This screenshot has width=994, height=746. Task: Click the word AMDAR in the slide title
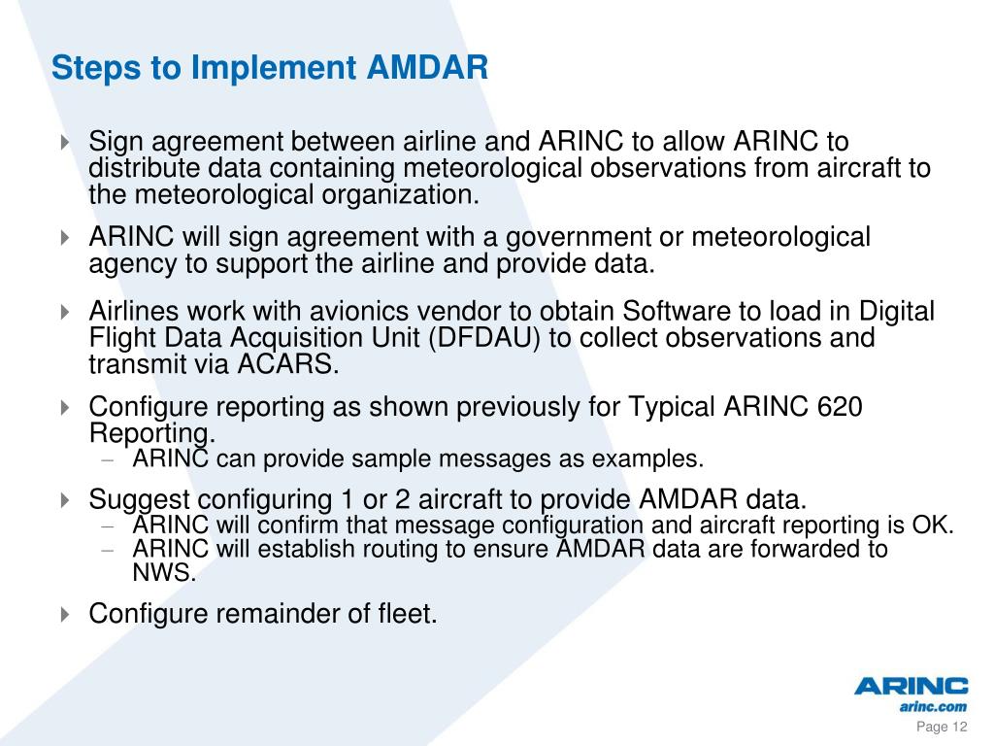coord(428,68)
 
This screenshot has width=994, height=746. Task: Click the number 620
coord(838,407)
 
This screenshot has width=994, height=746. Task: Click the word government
coord(645,237)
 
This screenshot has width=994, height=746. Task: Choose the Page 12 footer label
coord(943,729)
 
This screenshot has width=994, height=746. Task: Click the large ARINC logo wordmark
coord(911,687)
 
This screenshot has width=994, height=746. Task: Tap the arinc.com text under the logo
coord(933,707)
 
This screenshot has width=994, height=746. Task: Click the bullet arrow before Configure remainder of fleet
coord(64,614)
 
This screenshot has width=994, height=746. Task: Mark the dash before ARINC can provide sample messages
coord(109,458)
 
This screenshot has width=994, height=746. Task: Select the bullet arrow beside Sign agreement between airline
coord(64,142)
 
